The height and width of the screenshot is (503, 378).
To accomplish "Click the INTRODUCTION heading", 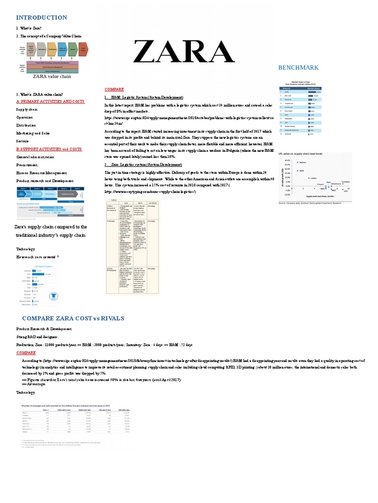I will tap(41, 18).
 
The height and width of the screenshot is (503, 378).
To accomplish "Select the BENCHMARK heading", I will tap(299, 67).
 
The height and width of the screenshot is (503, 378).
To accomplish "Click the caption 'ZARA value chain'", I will tap(52, 77).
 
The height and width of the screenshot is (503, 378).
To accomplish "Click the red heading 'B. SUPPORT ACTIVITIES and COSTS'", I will tap(49, 149).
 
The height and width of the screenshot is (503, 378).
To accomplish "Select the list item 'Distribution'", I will tap(26, 125).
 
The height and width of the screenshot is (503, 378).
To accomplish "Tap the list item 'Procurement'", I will tap(27, 165).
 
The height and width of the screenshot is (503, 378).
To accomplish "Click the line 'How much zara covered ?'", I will tap(37, 257).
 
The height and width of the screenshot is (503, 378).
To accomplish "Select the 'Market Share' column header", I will tap(314, 88).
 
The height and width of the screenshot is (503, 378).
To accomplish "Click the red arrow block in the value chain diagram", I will tap(84, 49).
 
